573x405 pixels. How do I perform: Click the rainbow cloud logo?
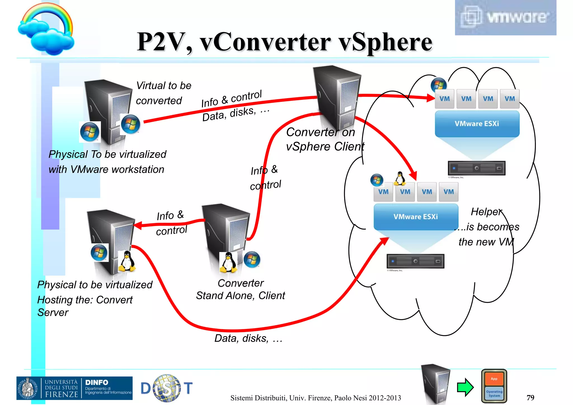(46, 29)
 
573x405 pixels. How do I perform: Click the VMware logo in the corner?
(505, 17)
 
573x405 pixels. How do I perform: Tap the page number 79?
(530, 397)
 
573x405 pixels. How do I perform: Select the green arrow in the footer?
(465, 387)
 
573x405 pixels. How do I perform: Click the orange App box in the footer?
(494, 379)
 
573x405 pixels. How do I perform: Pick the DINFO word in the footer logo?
(97, 382)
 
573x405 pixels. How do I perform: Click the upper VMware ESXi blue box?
(477, 124)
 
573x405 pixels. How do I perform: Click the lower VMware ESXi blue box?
(416, 217)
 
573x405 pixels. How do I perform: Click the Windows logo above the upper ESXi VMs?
(438, 84)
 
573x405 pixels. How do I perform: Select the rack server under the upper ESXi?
(476, 168)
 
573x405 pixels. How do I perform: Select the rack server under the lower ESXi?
(415, 261)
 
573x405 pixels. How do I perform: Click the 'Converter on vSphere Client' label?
(325, 139)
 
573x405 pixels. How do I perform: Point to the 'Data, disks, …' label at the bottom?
(248, 338)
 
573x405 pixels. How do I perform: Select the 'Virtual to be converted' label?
(163, 93)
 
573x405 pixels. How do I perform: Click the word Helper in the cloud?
(486, 212)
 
